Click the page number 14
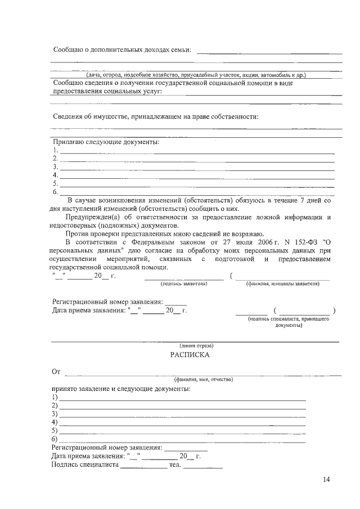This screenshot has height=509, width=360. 327,479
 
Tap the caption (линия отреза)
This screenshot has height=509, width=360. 196,345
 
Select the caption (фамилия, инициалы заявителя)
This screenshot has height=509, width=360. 282,284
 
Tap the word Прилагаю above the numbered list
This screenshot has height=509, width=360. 69,142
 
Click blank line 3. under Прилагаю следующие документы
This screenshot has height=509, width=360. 197,168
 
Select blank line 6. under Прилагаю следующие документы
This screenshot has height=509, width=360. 197,193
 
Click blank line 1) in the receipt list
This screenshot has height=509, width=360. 183,398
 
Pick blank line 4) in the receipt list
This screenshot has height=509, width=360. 183,423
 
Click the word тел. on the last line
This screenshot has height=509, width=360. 174,465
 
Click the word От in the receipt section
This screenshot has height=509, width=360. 56,371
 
